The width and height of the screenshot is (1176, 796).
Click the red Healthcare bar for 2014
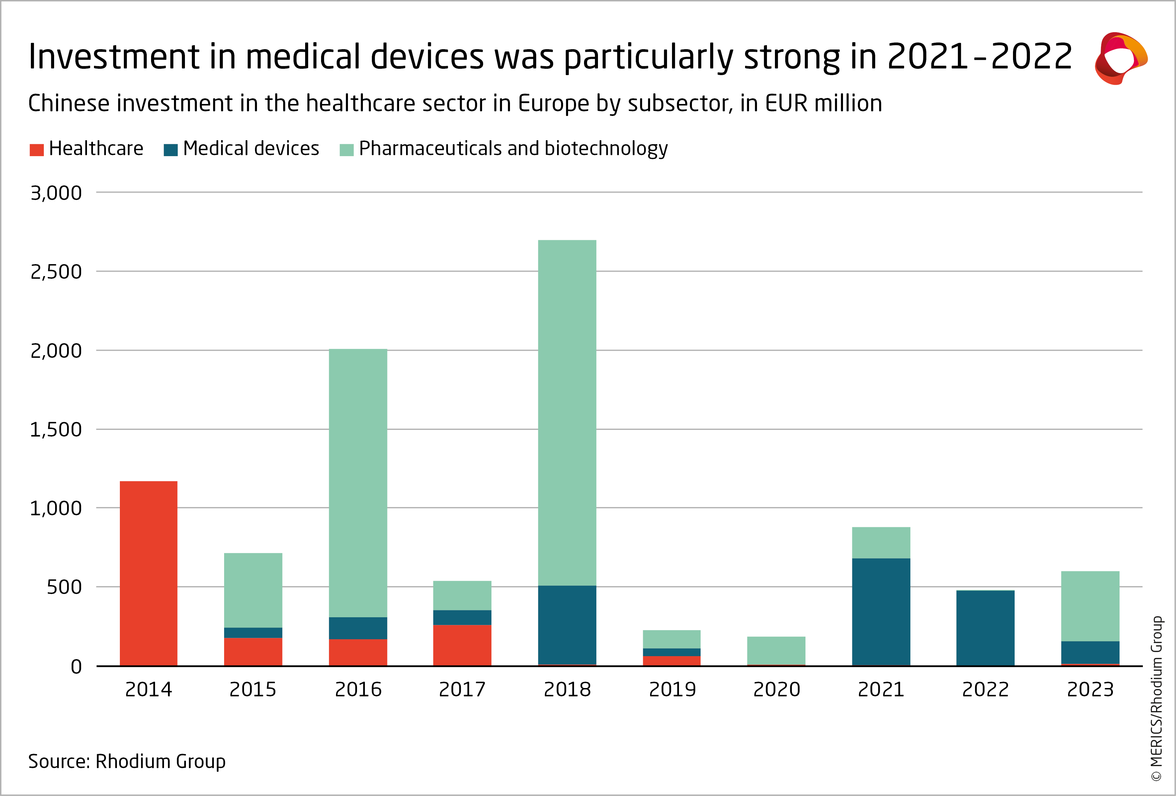click(x=148, y=573)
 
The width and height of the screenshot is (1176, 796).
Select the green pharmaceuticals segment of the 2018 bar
click(x=567, y=413)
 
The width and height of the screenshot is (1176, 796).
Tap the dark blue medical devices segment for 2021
click(x=881, y=612)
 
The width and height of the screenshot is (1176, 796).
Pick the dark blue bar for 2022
click(x=985, y=628)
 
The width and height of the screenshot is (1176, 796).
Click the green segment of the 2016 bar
click(x=358, y=483)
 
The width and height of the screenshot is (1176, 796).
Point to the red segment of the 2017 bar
click(x=462, y=645)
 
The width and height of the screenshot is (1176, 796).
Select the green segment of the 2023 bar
click(x=1090, y=606)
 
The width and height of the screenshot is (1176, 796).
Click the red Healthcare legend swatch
click(x=37, y=150)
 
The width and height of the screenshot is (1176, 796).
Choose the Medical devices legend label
click(x=251, y=149)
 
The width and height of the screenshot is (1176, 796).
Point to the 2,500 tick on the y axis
click(x=56, y=272)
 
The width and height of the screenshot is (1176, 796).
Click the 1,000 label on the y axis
click(x=56, y=508)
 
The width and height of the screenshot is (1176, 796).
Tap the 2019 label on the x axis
click(x=672, y=689)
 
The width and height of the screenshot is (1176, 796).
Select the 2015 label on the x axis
click(x=253, y=689)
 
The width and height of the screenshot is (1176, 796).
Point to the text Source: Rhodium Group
click(x=126, y=761)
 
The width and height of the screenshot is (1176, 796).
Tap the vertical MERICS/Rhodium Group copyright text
click(x=1157, y=698)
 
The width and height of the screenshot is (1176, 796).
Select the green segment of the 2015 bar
click(x=253, y=590)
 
